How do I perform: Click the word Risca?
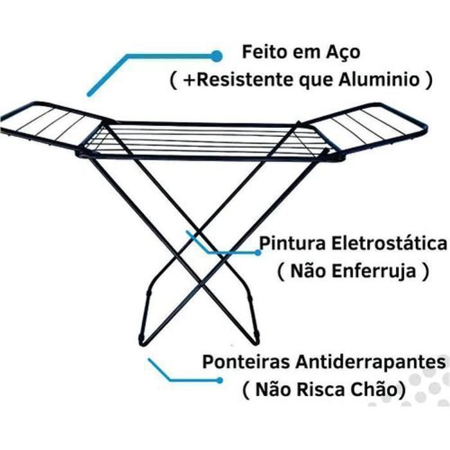[322, 389]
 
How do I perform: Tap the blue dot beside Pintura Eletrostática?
[258, 253]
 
